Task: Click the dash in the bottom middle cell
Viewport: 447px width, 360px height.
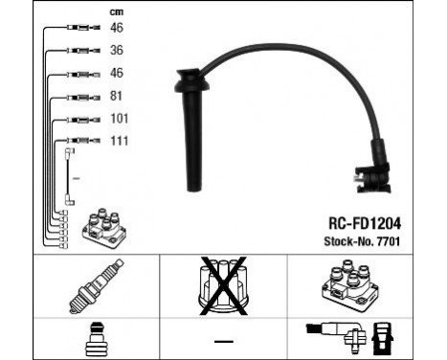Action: pos(223,342)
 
